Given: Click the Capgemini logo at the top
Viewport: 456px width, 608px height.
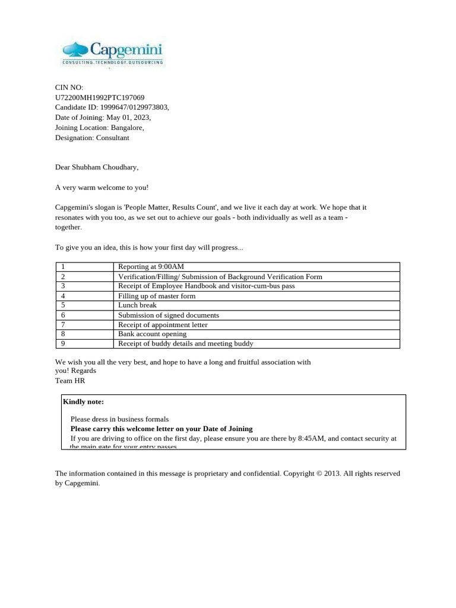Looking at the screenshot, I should pyautogui.click(x=112, y=53).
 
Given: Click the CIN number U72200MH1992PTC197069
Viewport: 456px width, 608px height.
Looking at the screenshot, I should pyautogui.click(x=99, y=97).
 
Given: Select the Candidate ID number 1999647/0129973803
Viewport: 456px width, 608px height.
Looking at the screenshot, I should pyautogui.click(x=134, y=107).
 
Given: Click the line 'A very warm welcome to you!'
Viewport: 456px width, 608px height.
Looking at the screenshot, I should pyautogui.click(x=102, y=188).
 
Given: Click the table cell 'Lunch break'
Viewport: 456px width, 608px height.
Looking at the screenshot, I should pyautogui.click(x=137, y=305).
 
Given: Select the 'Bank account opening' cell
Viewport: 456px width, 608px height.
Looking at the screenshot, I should pyautogui.click(x=152, y=334).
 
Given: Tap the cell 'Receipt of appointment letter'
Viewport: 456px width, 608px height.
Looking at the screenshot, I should pyautogui.click(x=163, y=325).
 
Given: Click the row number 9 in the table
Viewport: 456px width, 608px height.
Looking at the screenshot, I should pyautogui.click(x=63, y=344).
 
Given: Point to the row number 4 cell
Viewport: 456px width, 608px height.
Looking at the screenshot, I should pyautogui.click(x=63, y=296).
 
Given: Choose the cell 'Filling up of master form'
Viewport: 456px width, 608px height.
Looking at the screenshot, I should pyautogui.click(x=157, y=296).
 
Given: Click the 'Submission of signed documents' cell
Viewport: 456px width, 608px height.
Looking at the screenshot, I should pyautogui.click(x=169, y=315).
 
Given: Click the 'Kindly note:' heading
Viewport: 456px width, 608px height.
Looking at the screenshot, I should pyautogui.click(x=84, y=402).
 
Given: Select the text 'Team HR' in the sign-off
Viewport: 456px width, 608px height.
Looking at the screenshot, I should pyautogui.click(x=70, y=381).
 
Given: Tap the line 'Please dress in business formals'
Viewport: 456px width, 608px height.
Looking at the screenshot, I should pyautogui.click(x=119, y=419).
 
